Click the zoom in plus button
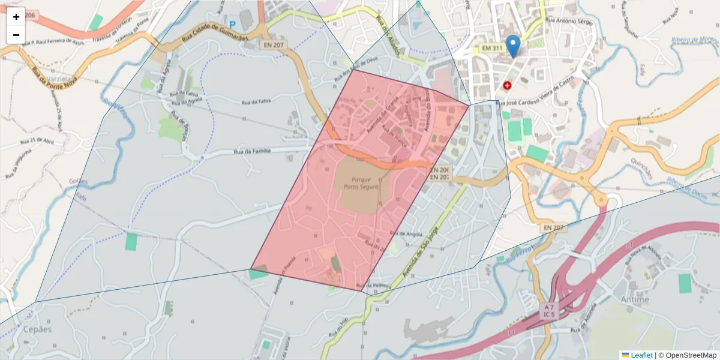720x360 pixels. click(x=16, y=17)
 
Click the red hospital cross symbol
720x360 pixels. click(x=508, y=86)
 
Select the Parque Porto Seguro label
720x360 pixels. click(x=361, y=183)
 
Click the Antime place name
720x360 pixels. click(x=636, y=299)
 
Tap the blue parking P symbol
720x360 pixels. click(x=232, y=26)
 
